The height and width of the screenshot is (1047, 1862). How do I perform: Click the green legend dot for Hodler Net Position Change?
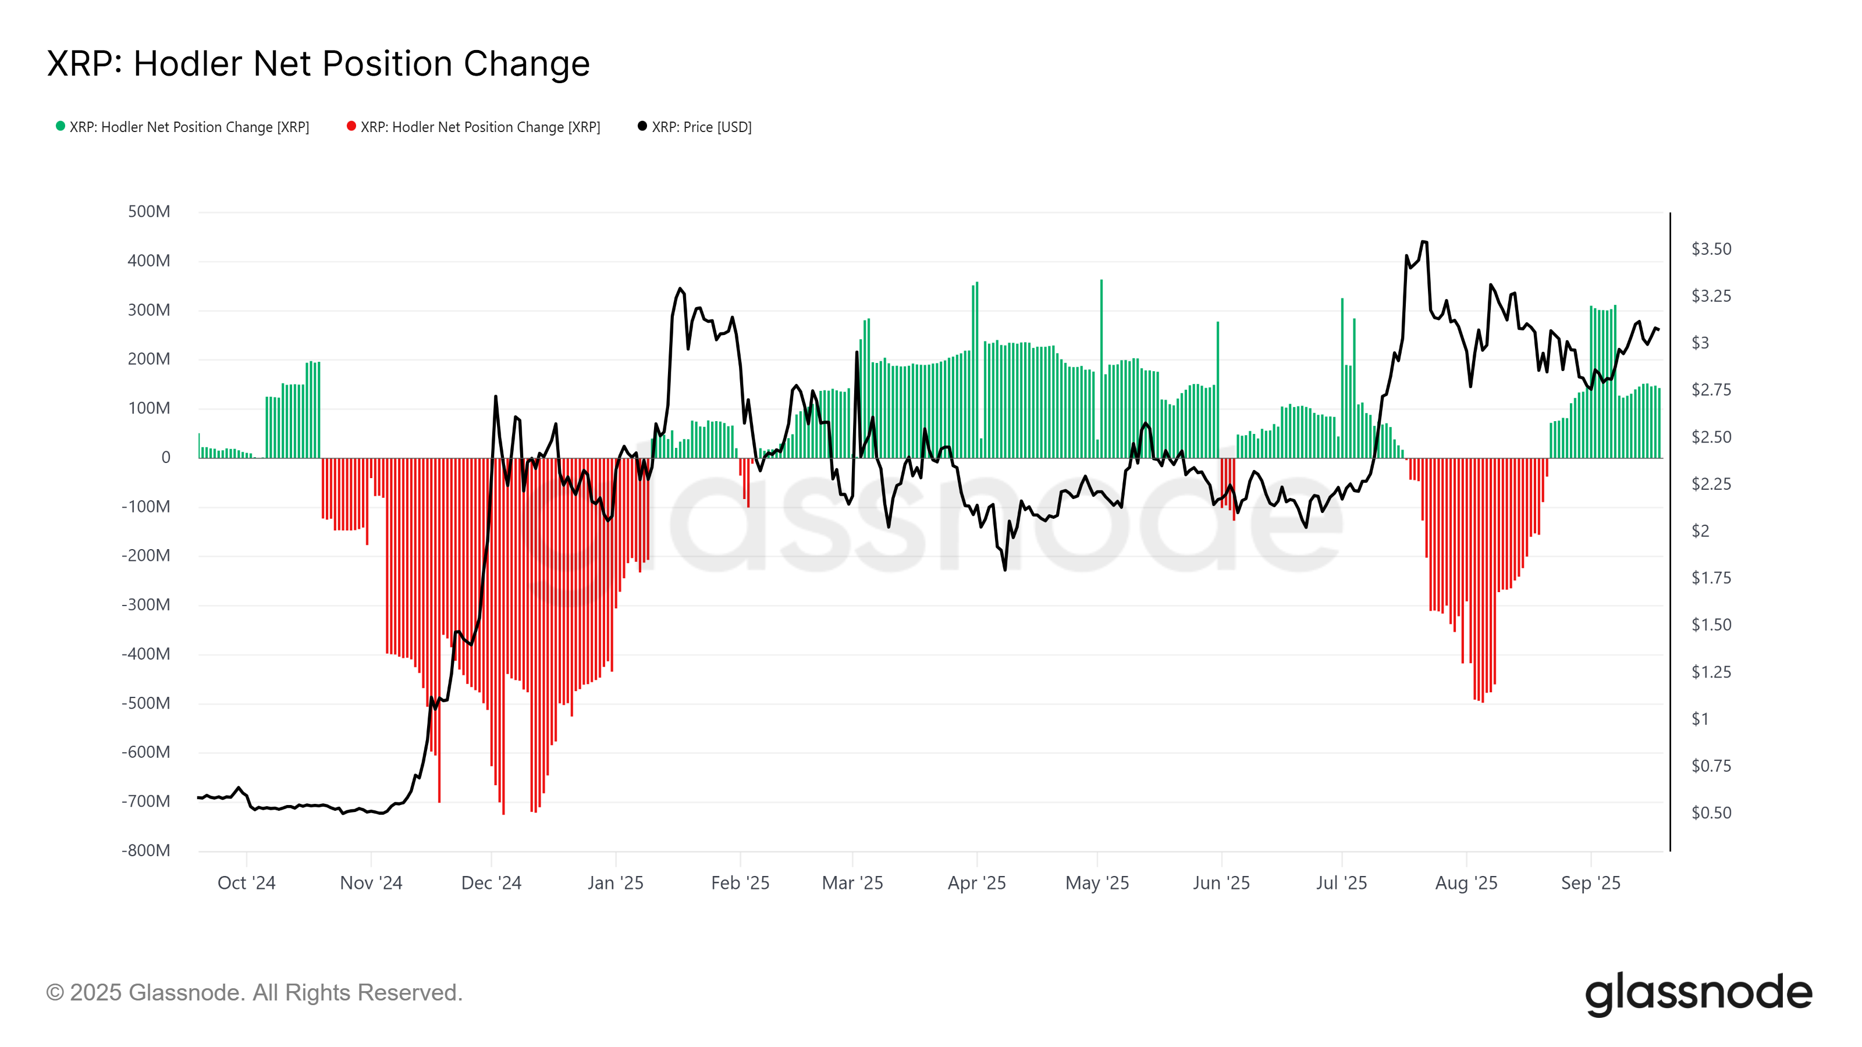point(61,126)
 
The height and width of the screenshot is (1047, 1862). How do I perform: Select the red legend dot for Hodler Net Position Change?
point(351,126)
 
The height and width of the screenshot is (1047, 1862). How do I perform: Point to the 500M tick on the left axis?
point(149,212)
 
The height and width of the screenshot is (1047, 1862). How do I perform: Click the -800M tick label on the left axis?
point(146,850)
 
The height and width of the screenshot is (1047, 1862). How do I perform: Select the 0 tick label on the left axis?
point(165,457)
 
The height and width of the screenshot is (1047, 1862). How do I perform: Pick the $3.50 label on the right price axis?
point(1711,250)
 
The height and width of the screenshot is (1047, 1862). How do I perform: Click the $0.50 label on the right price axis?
point(1711,813)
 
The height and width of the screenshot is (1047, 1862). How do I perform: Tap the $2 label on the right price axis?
point(1700,531)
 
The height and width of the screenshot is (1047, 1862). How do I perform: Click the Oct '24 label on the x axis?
point(247,883)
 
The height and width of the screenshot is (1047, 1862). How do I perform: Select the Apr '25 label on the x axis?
point(976,883)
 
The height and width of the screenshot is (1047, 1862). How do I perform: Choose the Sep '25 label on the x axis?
point(1590,883)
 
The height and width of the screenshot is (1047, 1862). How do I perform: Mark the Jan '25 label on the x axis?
point(615,883)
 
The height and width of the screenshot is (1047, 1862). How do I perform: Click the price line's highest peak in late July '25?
point(1423,243)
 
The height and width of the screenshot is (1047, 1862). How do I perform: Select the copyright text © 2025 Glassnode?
point(254,993)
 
